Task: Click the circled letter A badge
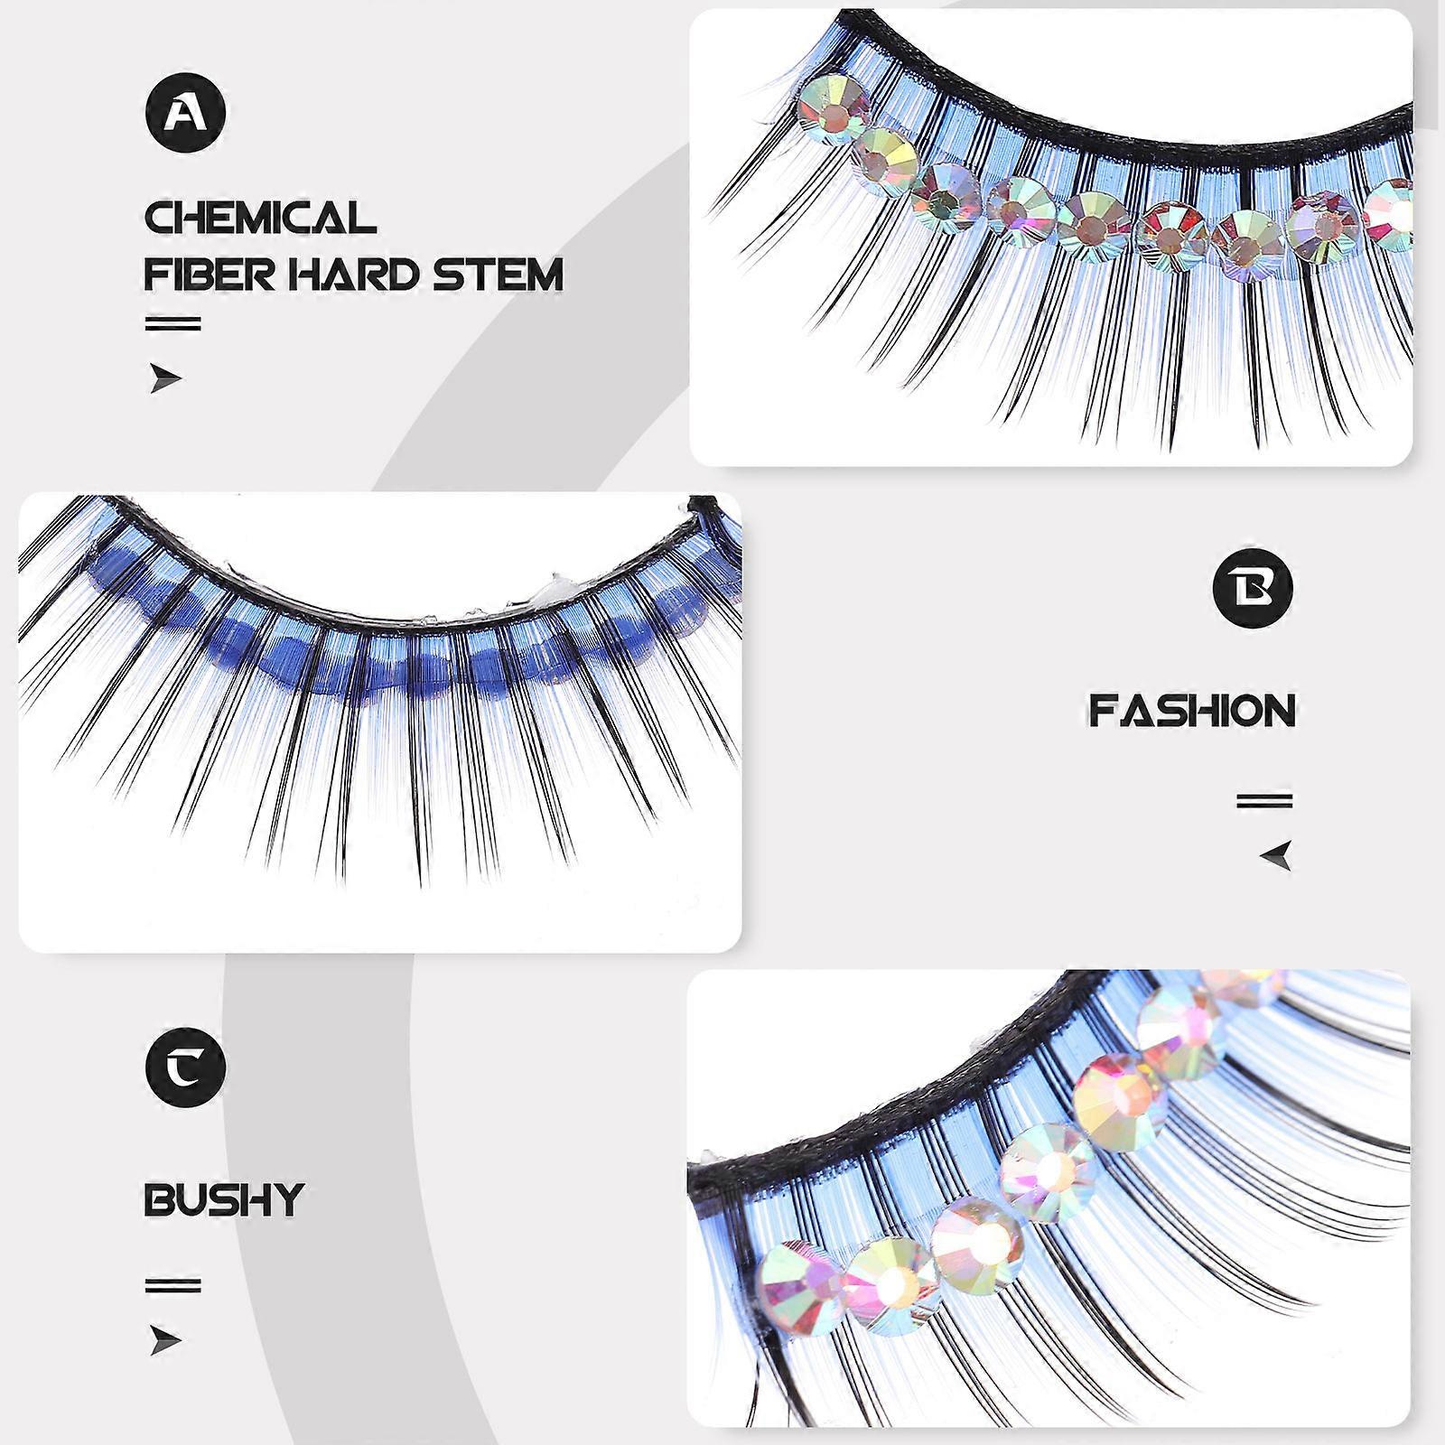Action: point(185,112)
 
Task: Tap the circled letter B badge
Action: point(1253,587)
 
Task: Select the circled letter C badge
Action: point(185,1067)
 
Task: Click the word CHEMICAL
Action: point(260,218)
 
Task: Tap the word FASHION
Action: point(1192,711)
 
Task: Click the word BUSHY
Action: point(224,1199)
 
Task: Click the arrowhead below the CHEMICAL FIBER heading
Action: point(164,379)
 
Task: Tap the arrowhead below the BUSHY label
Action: point(164,1341)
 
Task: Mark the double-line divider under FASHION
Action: point(1264,801)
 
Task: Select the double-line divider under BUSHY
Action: point(173,1285)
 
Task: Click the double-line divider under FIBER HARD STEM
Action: point(173,323)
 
